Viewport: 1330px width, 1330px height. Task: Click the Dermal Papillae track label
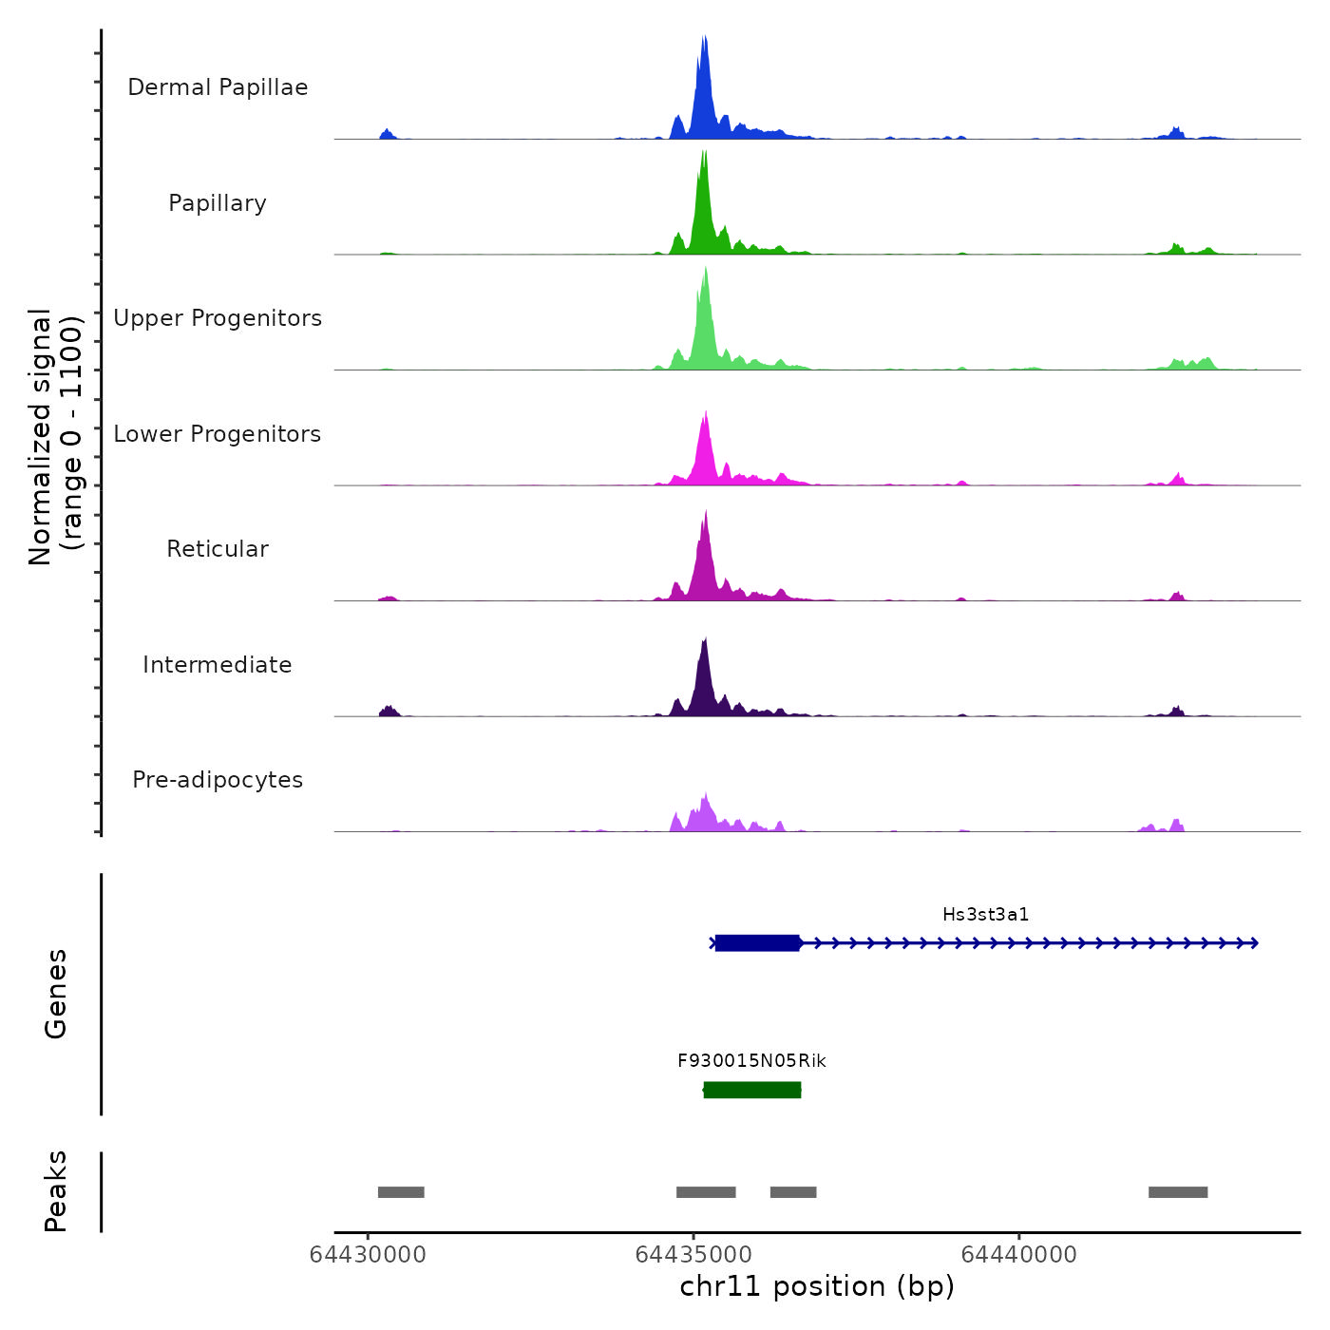[x=218, y=87]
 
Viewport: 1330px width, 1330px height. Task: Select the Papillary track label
[x=218, y=203]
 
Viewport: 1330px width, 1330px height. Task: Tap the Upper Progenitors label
[x=218, y=318]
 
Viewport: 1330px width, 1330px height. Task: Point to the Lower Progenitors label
[x=218, y=434]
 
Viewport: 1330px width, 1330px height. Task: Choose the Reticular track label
[x=218, y=549]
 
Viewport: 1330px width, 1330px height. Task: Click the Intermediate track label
[x=218, y=665]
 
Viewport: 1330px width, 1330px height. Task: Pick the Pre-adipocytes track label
[x=218, y=780]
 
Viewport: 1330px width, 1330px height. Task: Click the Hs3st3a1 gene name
[x=985, y=915]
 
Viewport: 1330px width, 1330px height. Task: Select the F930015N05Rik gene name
[x=751, y=1061]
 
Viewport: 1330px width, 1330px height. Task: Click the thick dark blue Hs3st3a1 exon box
[x=757, y=943]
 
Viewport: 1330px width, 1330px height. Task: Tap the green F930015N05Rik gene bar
[x=751, y=1090]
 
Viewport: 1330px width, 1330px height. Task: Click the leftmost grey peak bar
[x=401, y=1192]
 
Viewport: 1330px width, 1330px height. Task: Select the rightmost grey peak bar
[x=1178, y=1192]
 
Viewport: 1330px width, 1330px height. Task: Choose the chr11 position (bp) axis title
[x=817, y=1287]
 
